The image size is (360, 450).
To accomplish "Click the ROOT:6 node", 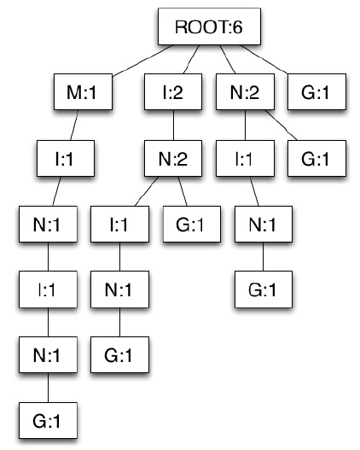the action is pyautogui.click(x=209, y=26).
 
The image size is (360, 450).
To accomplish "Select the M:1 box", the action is pyautogui.click(x=83, y=92).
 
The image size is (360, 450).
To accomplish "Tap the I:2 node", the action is pyautogui.click(x=173, y=92).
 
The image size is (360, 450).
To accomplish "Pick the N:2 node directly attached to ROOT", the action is pyautogui.click(x=245, y=92).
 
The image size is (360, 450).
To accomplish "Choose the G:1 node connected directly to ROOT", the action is pyautogui.click(x=316, y=92).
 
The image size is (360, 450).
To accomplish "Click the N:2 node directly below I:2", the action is pyautogui.click(x=173, y=159).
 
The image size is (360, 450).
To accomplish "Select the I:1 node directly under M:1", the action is pyautogui.click(x=66, y=159).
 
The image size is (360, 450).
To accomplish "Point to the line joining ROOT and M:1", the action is pyautogui.click(x=142, y=61).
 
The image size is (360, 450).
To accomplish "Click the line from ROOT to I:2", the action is pyautogui.click(x=191, y=60).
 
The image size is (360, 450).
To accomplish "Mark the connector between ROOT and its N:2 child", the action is pyautogui.click(x=227, y=60).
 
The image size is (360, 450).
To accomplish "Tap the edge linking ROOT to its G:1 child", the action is pyautogui.click(x=264, y=60).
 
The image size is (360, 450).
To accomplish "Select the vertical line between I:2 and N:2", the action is pyautogui.click(x=173, y=126).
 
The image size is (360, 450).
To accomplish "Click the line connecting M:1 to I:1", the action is pyautogui.click(x=74, y=126).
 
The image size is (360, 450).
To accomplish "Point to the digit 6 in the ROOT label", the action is pyautogui.click(x=238, y=27).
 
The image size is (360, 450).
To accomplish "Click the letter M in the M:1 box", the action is pyautogui.click(x=73, y=93).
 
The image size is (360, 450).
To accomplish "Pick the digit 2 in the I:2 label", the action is pyautogui.click(x=177, y=93).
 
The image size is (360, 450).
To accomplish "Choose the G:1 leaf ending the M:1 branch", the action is pyautogui.click(x=48, y=420).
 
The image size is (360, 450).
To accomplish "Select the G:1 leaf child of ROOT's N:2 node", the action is pyautogui.click(x=316, y=159).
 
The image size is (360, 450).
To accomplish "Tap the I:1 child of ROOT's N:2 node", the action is pyautogui.click(x=245, y=159).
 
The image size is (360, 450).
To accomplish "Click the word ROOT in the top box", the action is pyautogui.click(x=202, y=27).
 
